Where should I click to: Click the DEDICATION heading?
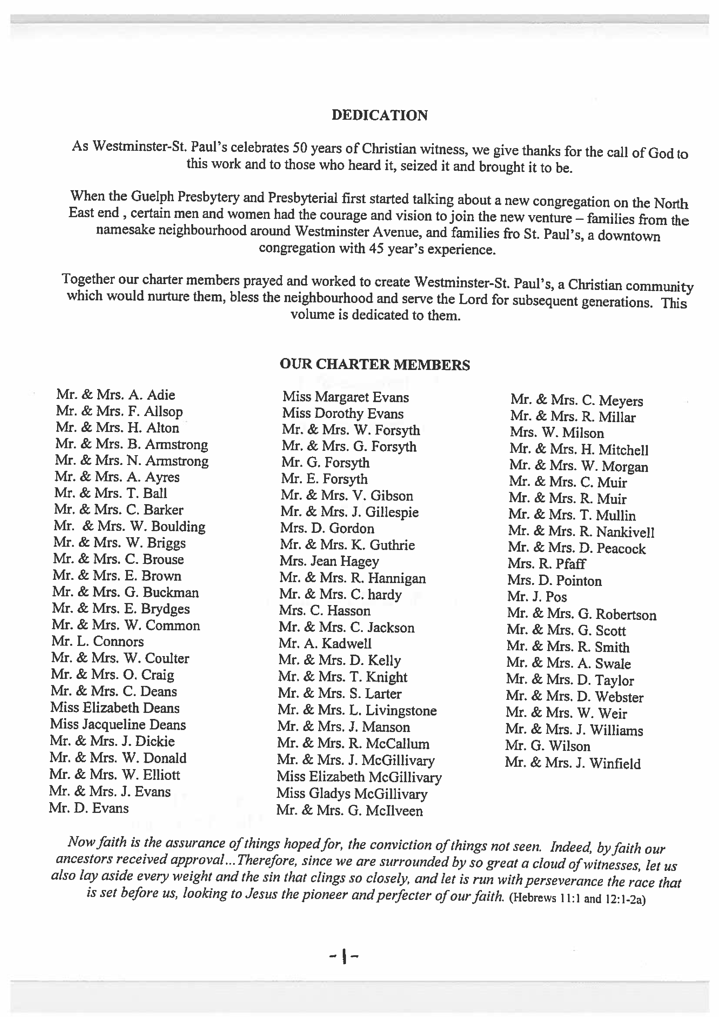coord(380,115)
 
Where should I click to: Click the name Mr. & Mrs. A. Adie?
coord(116,394)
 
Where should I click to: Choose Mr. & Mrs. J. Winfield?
coord(572,763)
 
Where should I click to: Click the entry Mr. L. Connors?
coord(97,641)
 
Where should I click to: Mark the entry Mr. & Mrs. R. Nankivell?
coord(581,531)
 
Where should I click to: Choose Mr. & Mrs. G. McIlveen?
coord(349,811)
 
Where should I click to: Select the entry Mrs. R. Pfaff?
coord(546,564)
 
